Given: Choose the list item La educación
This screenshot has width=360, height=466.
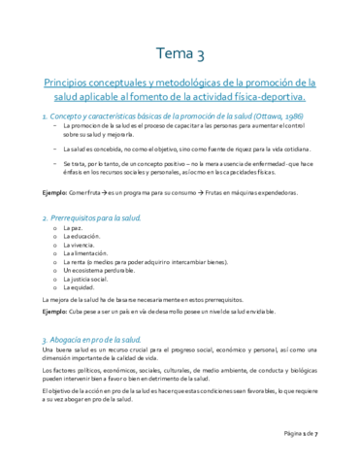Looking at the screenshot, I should click(x=81, y=238).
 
